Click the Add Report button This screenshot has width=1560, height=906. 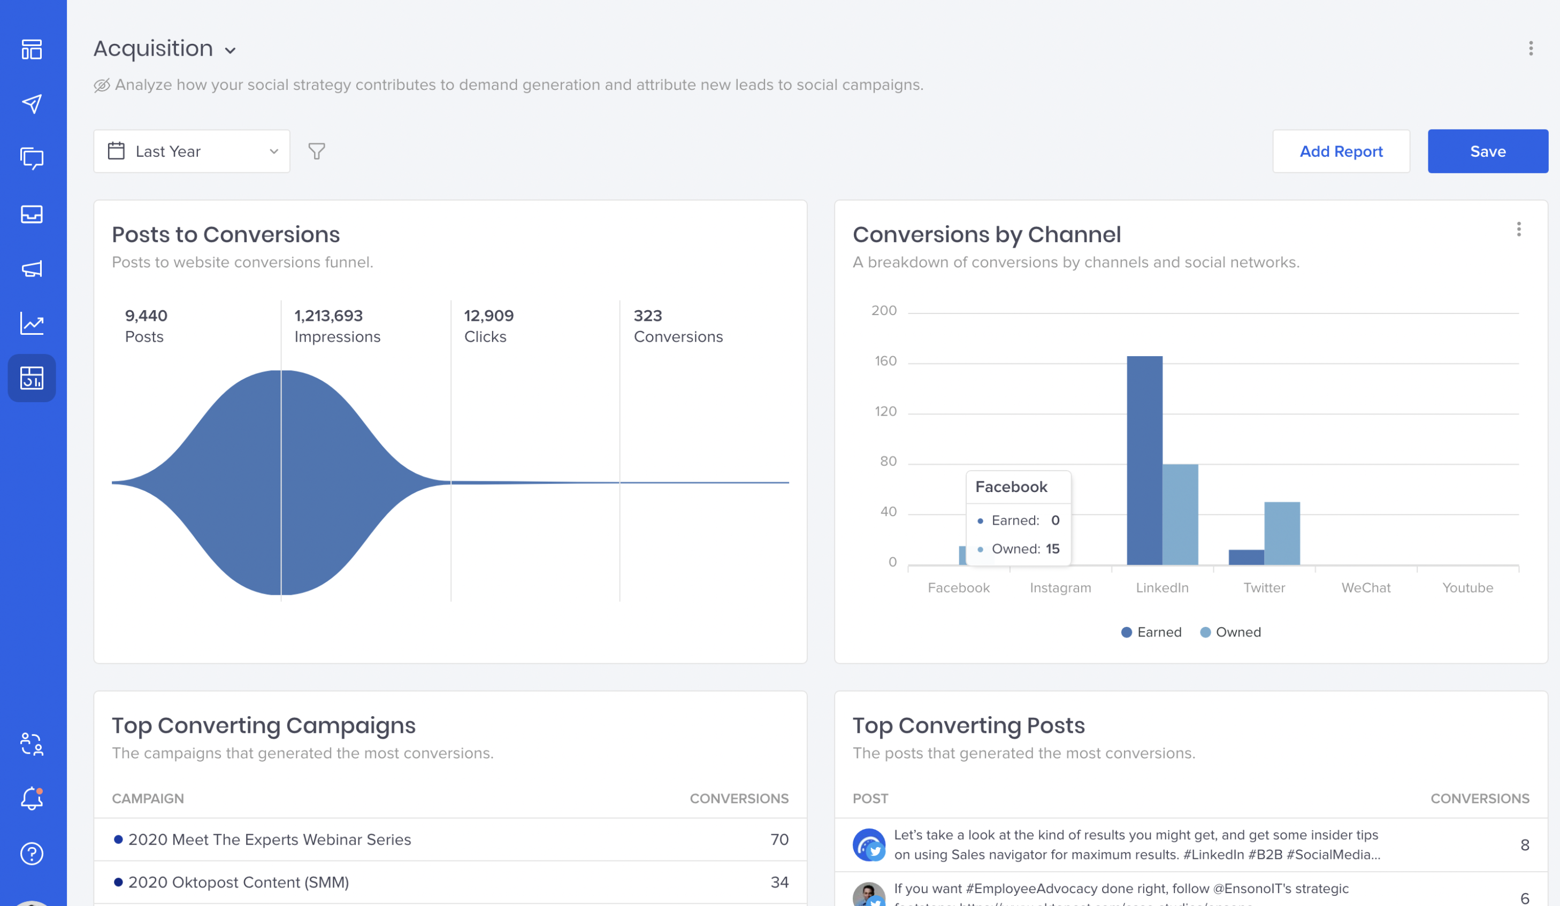(1340, 151)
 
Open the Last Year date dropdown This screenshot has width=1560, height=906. (192, 151)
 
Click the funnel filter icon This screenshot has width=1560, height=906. (316, 151)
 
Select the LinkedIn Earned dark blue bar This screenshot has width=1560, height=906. (1144, 461)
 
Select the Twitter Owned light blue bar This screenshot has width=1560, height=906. (1281, 533)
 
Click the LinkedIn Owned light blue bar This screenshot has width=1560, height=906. (1180, 515)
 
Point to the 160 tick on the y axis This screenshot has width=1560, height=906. (885, 362)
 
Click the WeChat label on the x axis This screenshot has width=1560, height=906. (1366, 588)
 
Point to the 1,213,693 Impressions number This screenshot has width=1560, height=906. (328, 316)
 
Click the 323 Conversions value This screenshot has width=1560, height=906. (647, 316)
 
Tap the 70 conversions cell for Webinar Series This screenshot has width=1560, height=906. (779, 840)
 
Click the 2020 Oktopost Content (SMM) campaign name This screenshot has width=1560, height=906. (239, 882)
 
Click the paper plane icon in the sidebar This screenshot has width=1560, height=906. (32, 104)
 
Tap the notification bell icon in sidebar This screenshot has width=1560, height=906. (32, 799)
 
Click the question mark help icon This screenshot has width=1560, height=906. (32, 854)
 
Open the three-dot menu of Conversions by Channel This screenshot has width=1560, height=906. (1518, 229)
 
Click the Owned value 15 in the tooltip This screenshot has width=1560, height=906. (1052, 549)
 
